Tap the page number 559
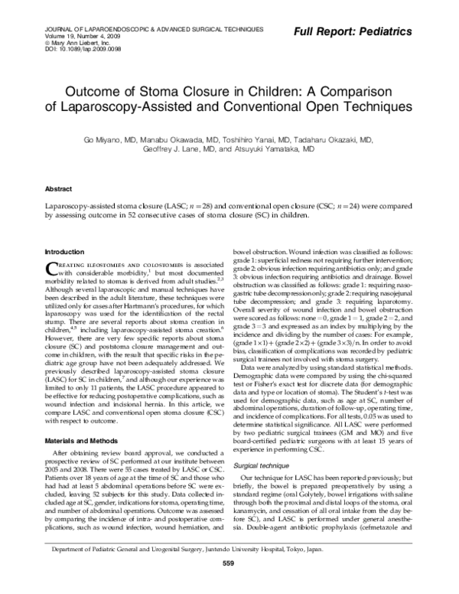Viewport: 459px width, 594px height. [x=228, y=586]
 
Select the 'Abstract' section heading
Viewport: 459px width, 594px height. [x=59, y=188]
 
